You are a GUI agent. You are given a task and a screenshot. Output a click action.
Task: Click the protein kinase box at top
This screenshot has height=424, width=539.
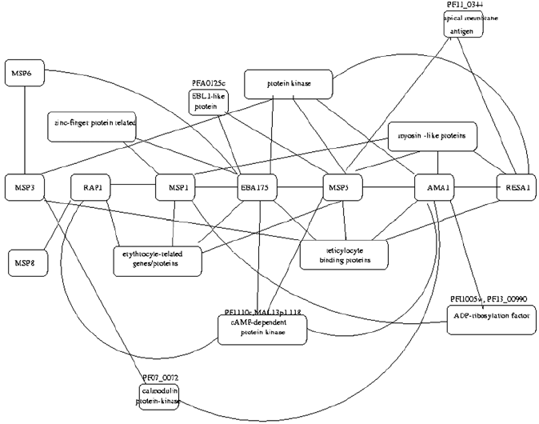pos(288,84)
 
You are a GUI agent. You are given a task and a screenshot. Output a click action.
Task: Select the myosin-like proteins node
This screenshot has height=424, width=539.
pos(432,137)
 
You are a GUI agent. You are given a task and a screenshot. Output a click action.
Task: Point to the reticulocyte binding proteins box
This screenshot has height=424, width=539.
pos(344,254)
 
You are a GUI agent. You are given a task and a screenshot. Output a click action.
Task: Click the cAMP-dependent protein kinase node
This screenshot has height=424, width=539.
pos(262,329)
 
